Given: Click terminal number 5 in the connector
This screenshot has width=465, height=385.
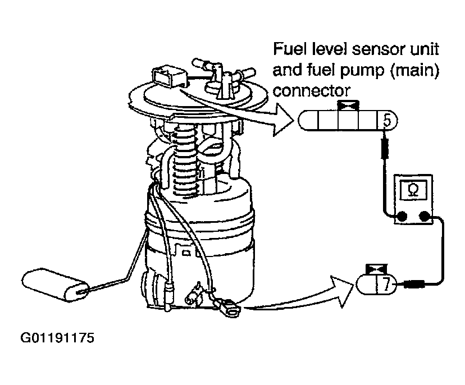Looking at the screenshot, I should (388, 120).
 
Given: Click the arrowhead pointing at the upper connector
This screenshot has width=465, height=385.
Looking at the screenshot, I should (282, 120).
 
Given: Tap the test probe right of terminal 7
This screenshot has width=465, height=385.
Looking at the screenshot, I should (413, 285).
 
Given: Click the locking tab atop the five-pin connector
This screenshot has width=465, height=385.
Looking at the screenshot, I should (344, 105).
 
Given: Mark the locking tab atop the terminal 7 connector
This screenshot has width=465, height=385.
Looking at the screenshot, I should (373, 269).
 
